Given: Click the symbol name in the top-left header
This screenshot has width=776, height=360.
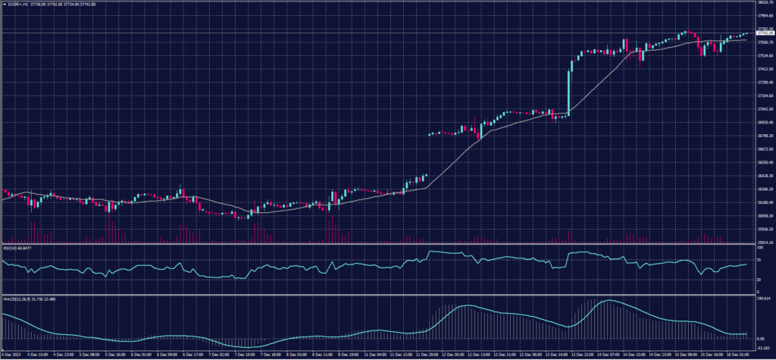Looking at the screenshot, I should (x=17, y=3).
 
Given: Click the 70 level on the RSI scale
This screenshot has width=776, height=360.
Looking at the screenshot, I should (x=759, y=259).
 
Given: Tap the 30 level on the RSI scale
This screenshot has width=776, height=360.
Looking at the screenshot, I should (x=759, y=280).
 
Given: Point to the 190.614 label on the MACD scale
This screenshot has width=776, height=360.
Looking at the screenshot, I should (x=762, y=299).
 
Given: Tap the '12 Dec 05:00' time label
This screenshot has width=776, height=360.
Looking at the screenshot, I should (x=452, y=354).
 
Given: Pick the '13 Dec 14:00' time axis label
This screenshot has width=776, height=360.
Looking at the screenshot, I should (x=557, y=354).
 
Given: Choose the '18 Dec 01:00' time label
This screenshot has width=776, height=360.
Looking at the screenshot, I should (x=737, y=354).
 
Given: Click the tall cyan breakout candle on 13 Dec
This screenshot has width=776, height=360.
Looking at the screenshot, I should (x=568, y=87).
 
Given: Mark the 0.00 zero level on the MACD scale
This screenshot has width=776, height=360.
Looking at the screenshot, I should (x=760, y=338).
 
